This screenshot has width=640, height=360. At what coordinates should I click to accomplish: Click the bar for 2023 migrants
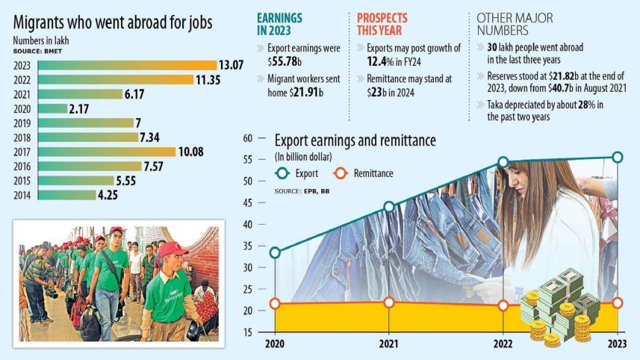(x=126, y=65)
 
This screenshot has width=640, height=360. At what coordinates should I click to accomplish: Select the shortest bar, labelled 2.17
(x=52, y=108)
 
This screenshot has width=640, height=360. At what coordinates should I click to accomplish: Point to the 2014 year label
(x=22, y=195)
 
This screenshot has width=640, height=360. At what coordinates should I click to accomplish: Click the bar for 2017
(x=106, y=152)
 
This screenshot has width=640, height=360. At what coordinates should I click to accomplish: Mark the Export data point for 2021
(x=389, y=207)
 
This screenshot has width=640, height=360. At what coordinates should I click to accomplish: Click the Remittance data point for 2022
(x=503, y=305)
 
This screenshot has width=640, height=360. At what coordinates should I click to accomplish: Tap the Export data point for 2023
(x=617, y=157)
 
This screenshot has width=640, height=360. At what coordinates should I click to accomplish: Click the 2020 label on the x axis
(x=275, y=345)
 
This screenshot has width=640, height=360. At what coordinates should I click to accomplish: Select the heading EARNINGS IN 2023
(x=280, y=23)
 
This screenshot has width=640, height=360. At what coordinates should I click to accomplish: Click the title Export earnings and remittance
(x=355, y=140)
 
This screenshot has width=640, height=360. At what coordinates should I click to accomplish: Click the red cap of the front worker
(x=173, y=249)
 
